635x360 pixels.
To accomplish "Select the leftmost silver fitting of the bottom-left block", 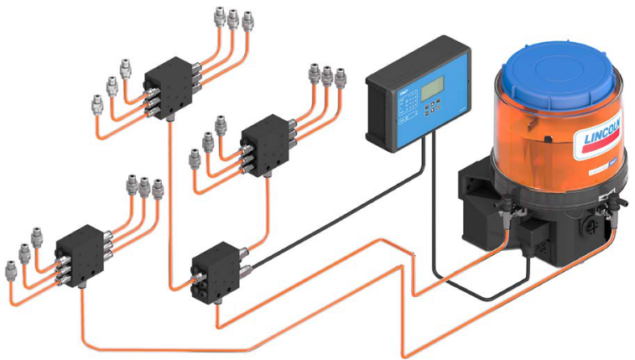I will click(10, 269).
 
